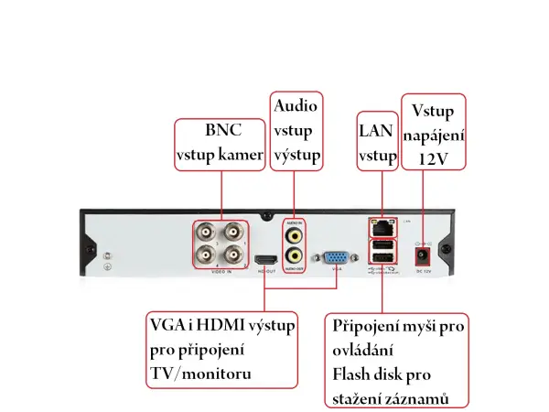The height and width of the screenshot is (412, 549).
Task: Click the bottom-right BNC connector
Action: [234, 255]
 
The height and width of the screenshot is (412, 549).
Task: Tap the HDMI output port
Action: [267, 261]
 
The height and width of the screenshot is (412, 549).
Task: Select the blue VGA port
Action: [336, 260]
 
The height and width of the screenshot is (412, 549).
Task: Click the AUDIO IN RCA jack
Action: [294, 233]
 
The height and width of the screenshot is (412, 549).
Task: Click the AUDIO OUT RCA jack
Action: [294, 255]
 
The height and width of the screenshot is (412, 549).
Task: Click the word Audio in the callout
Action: [296, 107]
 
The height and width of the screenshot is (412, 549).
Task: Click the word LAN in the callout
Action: [376, 131]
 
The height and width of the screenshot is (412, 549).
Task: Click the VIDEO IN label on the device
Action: [221, 272]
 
